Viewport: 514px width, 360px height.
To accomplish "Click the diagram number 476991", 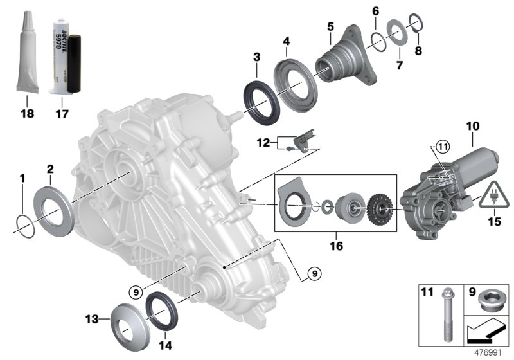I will click(493, 353).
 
